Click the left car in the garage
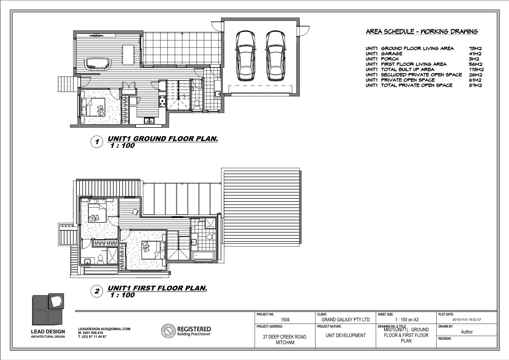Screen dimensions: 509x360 [x=245, y=56]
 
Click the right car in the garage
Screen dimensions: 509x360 [x=275, y=56]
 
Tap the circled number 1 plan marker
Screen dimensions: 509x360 [x=97, y=142]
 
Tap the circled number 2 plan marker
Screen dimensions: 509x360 [x=97, y=291]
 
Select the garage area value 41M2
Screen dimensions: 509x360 [x=475, y=54]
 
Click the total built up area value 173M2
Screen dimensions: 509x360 [x=476, y=69]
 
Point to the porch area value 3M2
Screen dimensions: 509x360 [x=474, y=59]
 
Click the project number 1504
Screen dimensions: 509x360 [x=285, y=320]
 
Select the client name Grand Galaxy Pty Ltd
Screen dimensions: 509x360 [x=346, y=320]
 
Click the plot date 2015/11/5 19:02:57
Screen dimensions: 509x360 [x=467, y=320]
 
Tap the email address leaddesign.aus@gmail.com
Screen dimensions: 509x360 [x=104, y=329]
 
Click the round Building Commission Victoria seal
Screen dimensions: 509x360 [x=168, y=331]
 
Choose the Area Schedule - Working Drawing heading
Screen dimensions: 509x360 [x=422, y=31]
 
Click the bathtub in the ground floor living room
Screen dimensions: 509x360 [x=98, y=64]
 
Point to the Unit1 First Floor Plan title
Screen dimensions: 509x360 [x=157, y=288]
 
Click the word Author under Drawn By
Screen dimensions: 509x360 [x=467, y=332]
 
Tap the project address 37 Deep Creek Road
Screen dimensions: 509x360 [x=285, y=337]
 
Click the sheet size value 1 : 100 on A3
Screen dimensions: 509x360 [x=407, y=320]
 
